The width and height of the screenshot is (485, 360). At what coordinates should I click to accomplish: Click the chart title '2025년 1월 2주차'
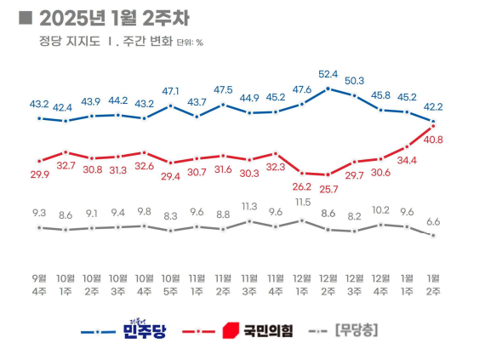tap(118, 18)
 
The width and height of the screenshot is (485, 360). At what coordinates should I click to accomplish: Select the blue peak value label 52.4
tap(328, 74)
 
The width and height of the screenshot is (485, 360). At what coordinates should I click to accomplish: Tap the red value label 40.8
tap(432, 140)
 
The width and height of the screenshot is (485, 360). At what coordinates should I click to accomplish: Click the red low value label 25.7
tap(328, 187)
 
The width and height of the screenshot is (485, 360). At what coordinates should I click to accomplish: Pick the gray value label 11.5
tap(302, 202)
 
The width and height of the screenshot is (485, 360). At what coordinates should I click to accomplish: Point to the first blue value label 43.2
tap(39, 104)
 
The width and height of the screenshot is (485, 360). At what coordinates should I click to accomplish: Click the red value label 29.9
tap(39, 174)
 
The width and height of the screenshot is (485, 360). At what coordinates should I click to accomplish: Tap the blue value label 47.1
tap(171, 90)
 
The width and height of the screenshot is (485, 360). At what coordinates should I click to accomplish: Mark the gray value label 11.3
tap(249, 206)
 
